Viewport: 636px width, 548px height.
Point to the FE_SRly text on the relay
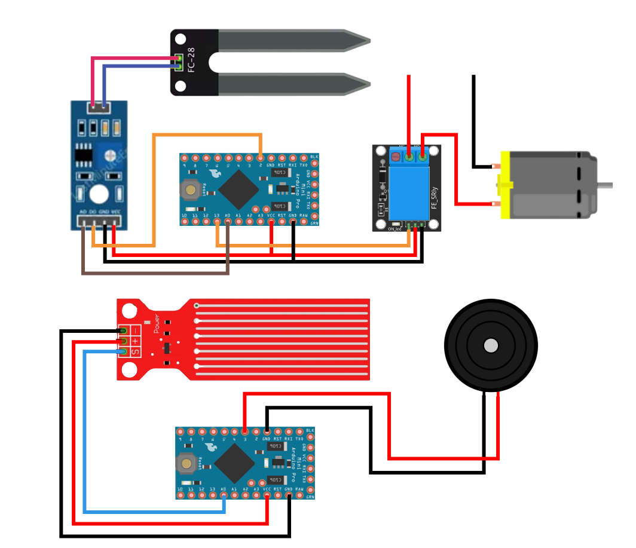(435, 197)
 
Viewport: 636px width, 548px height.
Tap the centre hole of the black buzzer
(491, 345)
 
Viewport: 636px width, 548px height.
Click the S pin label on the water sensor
(135, 352)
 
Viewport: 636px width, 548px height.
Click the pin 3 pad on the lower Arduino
(245, 431)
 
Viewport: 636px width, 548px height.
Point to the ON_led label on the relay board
(394, 229)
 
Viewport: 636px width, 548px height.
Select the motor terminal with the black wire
(497, 166)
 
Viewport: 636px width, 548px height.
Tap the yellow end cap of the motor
(506, 185)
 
